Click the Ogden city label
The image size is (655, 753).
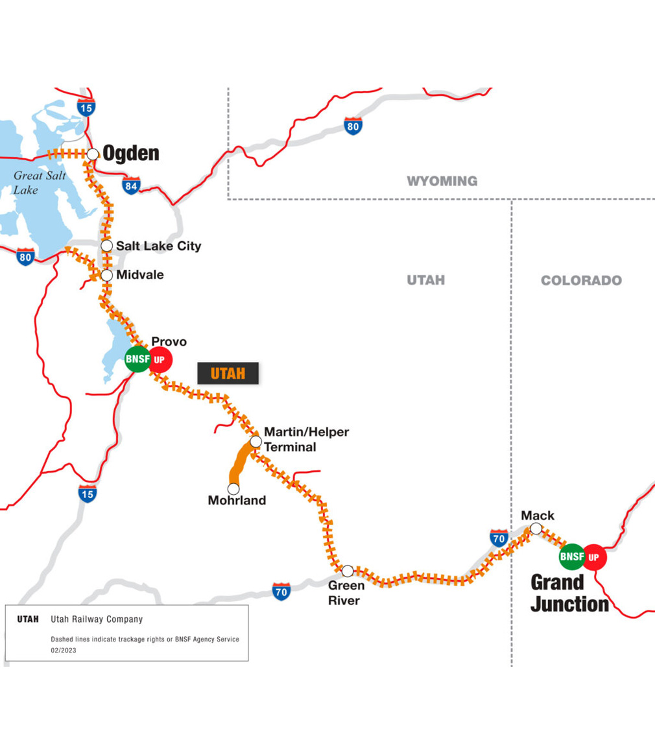pyautogui.click(x=131, y=154)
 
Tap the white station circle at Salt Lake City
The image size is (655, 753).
pyautogui.click(x=108, y=246)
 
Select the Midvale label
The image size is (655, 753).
pyautogui.click(x=140, y=275)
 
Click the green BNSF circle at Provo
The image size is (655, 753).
pyautogui.click(x=137, y=359)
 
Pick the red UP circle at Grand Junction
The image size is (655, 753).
pyautogui.click(x=594, y=556)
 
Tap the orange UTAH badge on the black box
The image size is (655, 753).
pyautogui.click(x=228, y=374)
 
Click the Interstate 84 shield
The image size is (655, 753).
pyautogui.click(x=131, y=186)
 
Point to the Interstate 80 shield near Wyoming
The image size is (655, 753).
pyautogui.click(x=353, y=126)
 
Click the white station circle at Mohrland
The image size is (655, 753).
pyautogui.click(x=233, y=488)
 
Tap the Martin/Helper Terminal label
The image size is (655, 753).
pyautogui.click(x=306, y=439)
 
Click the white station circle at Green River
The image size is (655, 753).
pyautogui.click(x=348, y=571)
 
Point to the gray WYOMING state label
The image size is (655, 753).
pyautogui.click(x=442, y=181)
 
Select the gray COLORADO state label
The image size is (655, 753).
pyautogui.click(x=581, y=280)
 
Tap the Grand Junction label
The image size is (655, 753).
pyautogui.click(x=569, y=593)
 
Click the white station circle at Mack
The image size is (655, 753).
pyautogui.click(x=536, y=529)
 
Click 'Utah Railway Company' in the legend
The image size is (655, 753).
pyautogui.click(x=97, y=619)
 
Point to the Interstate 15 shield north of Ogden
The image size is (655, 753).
pyautogui.click(x=86, y=107)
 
